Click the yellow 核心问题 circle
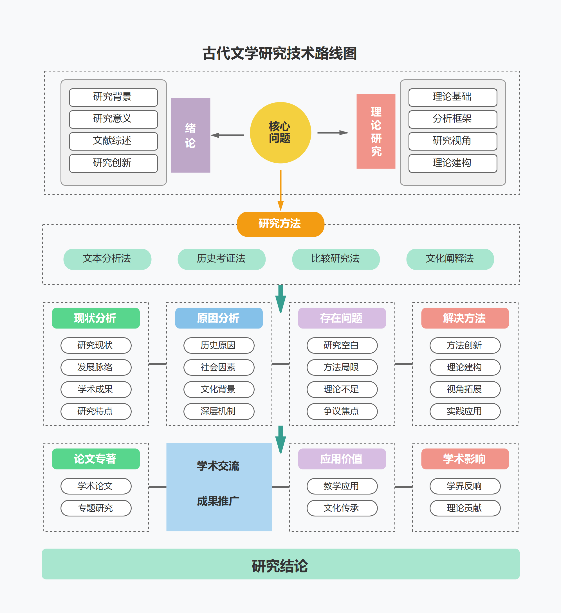(280, 133)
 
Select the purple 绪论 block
(190, 135)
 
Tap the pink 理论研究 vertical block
(376, 131)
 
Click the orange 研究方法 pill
(280, 224)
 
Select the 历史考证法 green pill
(221, 259)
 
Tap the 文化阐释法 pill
(450, 259)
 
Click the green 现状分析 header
(96, 318)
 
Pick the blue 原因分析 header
(219, 318)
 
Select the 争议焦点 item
(342, 411)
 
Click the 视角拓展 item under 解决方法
(465, 389)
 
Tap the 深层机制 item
(219, 411)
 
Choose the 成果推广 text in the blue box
(218, 501)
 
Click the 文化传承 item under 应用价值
(342, 508)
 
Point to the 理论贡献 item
(465, 508)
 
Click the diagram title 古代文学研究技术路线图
(280, 53)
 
